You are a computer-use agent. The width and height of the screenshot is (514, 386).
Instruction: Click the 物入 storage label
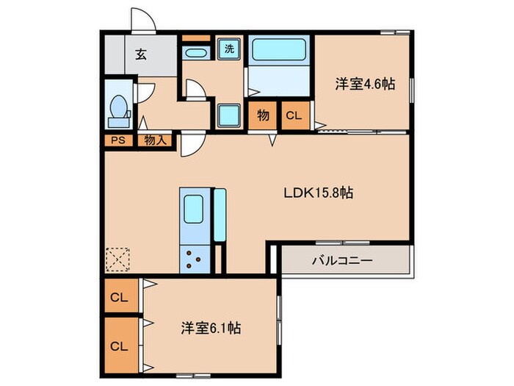(155, 140)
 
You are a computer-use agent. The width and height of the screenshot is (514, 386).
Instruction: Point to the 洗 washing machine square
(230, 49)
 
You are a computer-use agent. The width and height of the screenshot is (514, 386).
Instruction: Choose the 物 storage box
(263, 115)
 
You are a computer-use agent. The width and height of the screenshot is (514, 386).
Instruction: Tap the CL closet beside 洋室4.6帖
(293, 115)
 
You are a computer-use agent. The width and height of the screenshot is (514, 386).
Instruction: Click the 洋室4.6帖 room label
(365, 83)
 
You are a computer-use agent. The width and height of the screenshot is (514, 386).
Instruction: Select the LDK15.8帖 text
(319, 193)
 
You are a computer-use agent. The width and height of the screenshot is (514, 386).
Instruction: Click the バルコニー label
(342, 260)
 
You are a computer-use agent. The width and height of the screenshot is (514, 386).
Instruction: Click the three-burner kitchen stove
(195, 258)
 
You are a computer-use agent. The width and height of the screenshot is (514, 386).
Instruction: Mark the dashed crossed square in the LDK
(117, 258)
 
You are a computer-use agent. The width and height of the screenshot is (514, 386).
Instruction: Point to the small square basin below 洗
(229, 115)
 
